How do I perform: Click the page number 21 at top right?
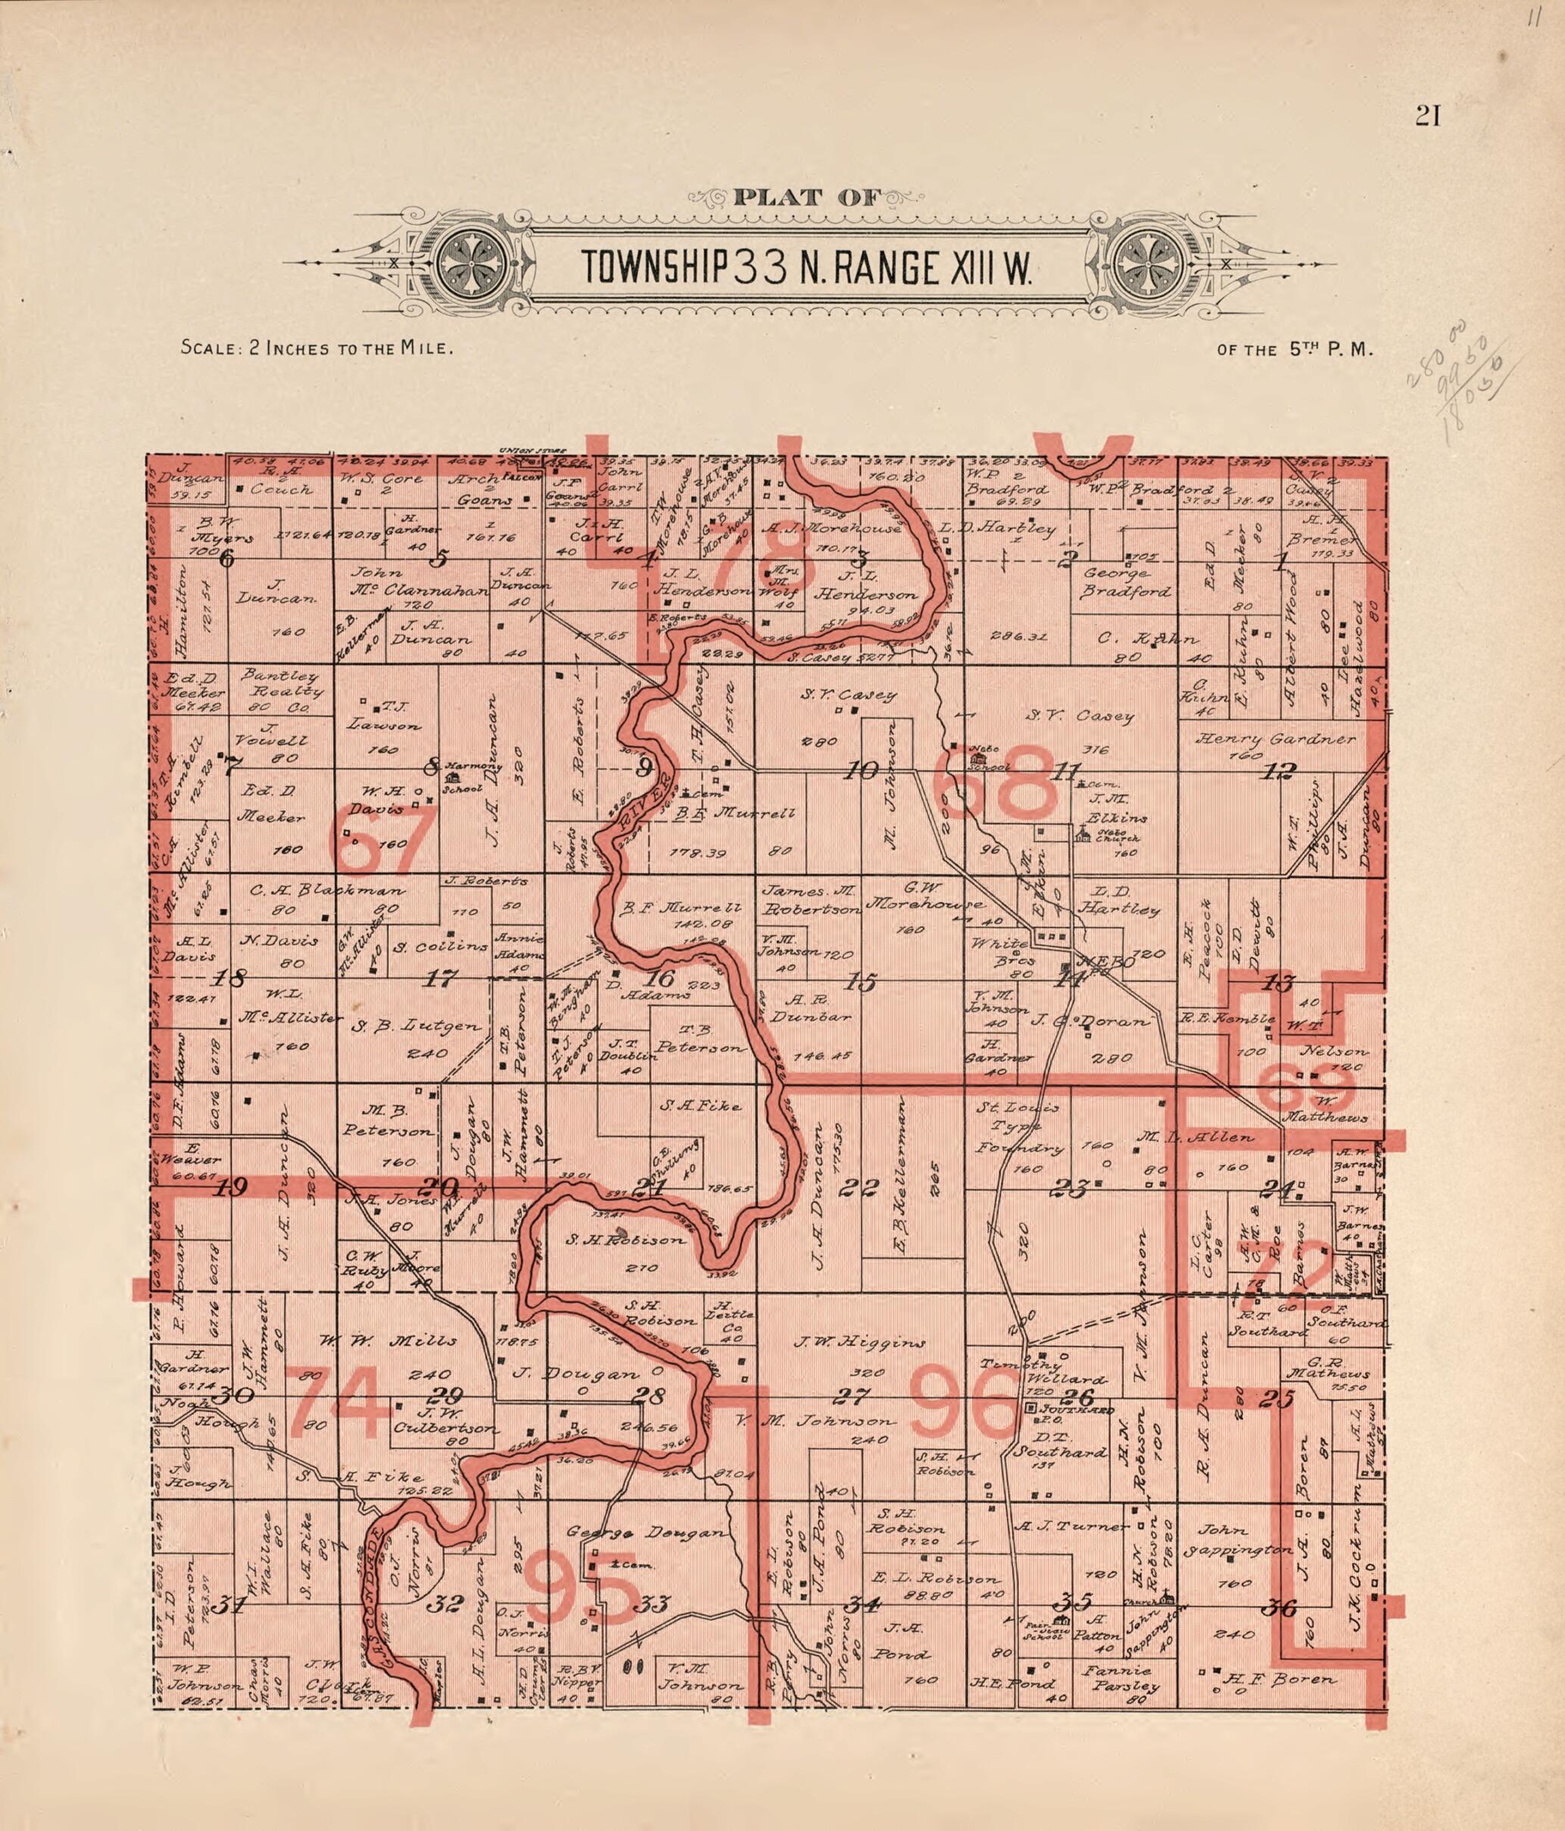(x=1428, y=116)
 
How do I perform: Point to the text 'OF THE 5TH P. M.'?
(x=1295, y=349)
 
